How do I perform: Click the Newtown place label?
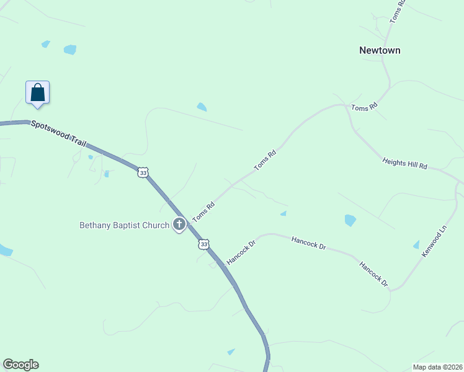380,50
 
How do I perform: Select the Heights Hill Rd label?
405,163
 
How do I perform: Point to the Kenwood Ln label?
434,242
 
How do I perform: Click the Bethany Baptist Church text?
124,225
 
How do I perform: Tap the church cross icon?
179,224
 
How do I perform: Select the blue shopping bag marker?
37,92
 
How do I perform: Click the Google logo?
20,365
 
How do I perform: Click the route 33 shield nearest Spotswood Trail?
143,173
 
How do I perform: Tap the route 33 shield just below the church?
203,244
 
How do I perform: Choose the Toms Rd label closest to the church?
203,211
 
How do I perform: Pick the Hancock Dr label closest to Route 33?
241,254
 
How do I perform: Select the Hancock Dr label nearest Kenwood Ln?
373,273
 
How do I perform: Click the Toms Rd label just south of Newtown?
364,108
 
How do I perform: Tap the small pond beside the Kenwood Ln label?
416,245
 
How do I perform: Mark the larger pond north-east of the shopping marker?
69,50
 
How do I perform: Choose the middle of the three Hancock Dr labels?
308,242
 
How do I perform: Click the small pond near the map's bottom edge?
231,352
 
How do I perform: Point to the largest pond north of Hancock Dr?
350,220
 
